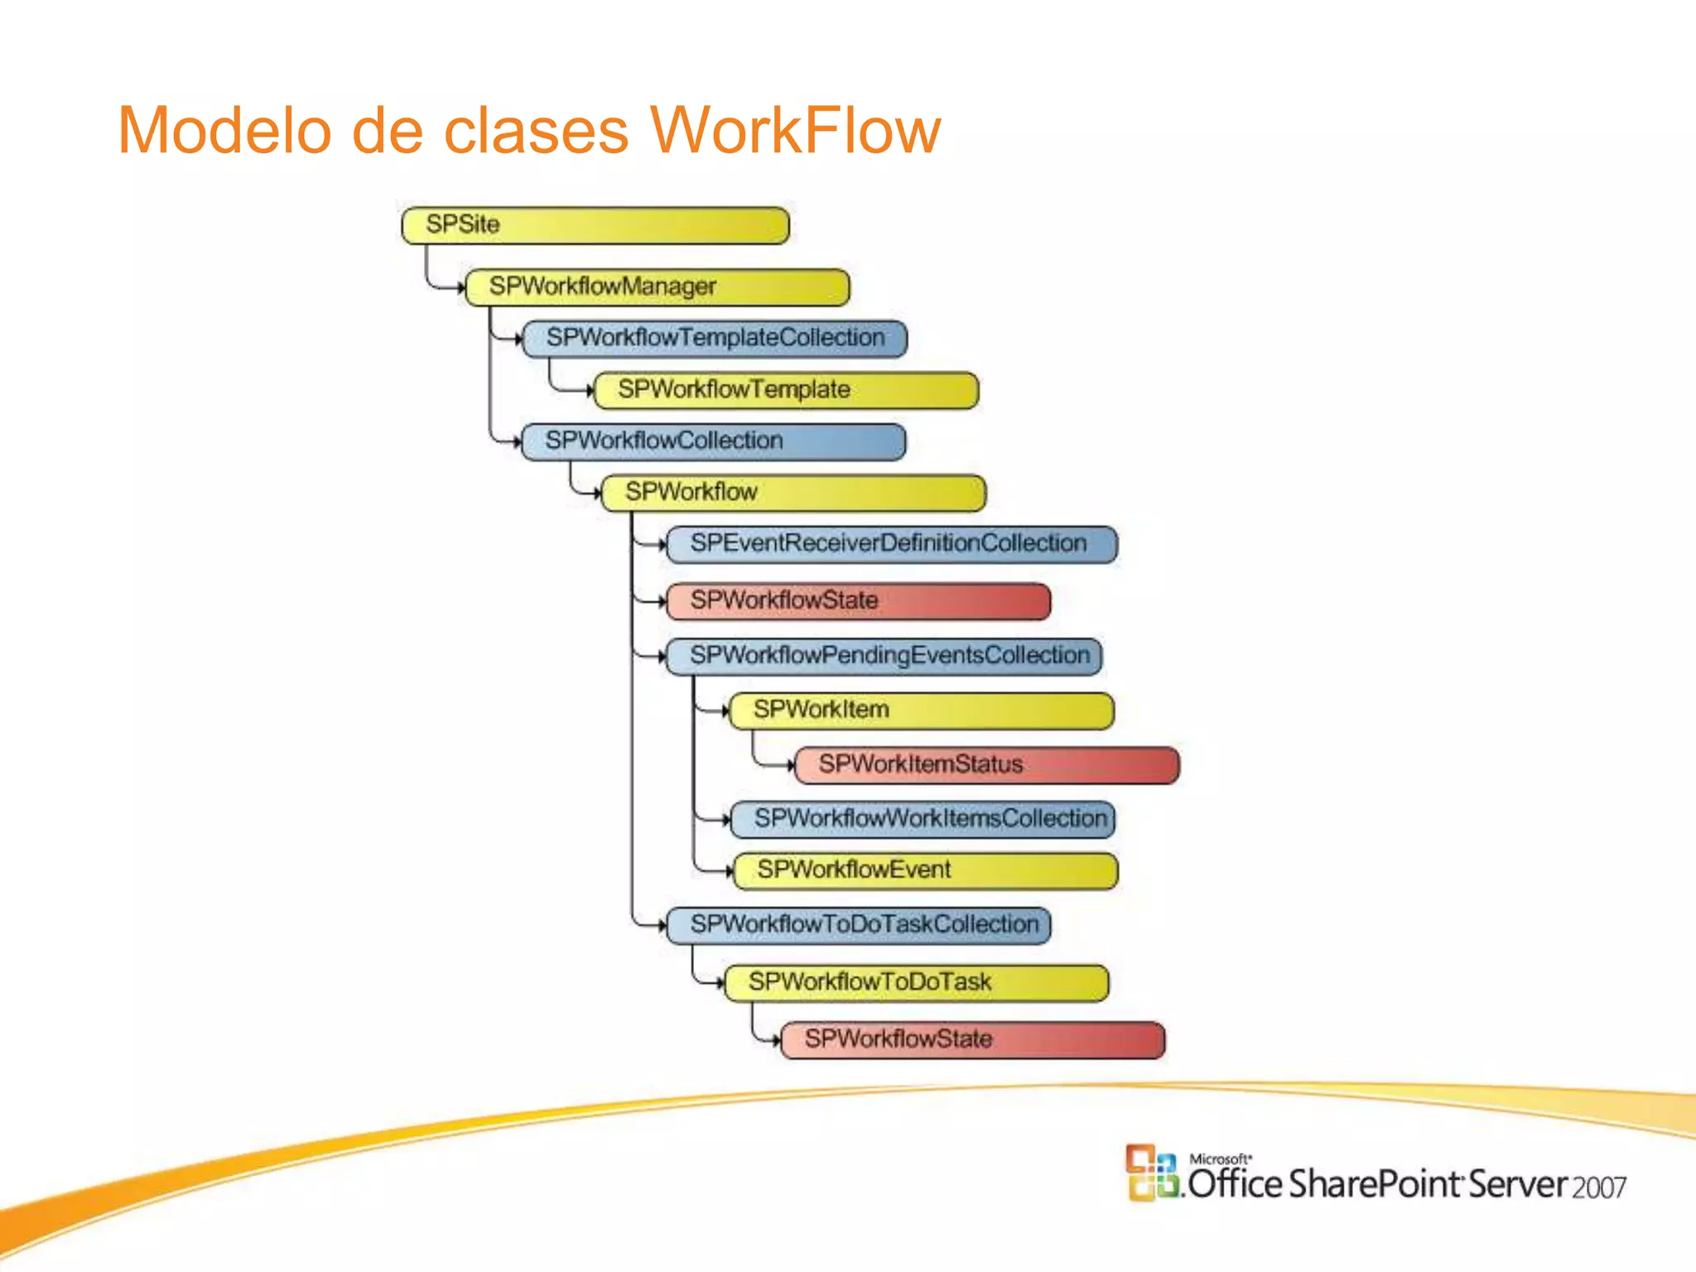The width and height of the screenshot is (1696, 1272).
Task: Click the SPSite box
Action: (x=595, y=225)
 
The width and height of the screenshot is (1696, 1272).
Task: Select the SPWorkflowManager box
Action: (x=658, y=287)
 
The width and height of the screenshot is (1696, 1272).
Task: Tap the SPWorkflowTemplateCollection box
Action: (x=715, y=339)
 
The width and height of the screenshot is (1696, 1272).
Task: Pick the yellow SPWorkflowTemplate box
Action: (x=786, y=390)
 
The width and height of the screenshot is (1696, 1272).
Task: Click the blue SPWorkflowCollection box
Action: (x=713, y=441)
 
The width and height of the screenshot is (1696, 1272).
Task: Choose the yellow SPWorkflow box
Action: (x=793, y=493)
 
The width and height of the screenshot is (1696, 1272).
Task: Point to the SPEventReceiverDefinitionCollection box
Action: (x=891, y=544)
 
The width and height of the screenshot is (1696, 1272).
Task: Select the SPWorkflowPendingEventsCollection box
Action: (x=884, y=656)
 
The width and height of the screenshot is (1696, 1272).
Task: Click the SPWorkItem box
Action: (x=921, y=711)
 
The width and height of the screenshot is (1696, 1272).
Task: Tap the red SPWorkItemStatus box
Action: (x=985, y=764)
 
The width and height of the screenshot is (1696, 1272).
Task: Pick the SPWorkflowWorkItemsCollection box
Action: (x=923, y=819)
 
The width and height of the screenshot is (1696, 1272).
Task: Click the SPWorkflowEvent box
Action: (x=925, y=870)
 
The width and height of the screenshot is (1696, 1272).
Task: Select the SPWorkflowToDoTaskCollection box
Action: (x=858, y=925)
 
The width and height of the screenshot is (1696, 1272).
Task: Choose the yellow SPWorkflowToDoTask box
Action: (x=916, y=983)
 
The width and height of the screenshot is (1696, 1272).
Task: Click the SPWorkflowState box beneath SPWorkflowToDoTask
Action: (x=972, y=1040)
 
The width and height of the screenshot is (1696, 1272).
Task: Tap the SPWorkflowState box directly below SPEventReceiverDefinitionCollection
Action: (x=858, y=601)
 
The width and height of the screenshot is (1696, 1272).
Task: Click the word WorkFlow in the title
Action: (x=795, y=130)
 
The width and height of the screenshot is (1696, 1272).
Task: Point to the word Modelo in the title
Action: (x=224, y=130)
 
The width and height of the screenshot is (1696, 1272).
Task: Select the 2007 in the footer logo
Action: (x=1599, y=1188)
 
